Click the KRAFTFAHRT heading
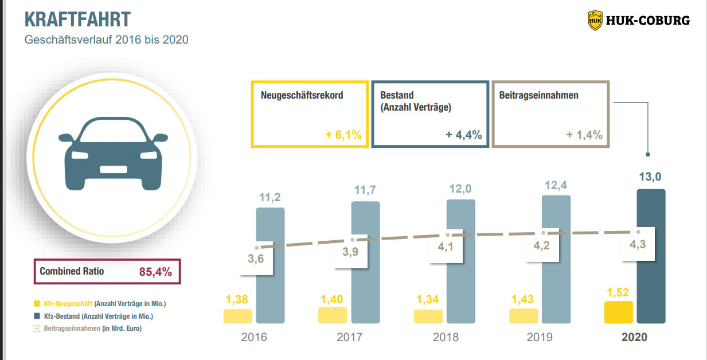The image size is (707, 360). tap(77, 19)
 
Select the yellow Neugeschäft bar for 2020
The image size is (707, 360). tap(618, 312)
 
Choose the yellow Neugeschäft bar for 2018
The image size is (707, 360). tap(428, 316)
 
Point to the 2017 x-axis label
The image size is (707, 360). tap(349, 337)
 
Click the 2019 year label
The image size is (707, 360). tap(540, 337)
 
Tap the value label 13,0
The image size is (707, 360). tap(651, 177)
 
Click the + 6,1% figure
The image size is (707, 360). tap(343, 135)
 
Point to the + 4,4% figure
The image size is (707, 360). tap(463, 135)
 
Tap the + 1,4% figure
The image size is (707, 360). tap(584, 135)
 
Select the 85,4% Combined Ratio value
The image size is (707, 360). tap(155, 272)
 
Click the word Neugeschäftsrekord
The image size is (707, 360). tap(302, 95)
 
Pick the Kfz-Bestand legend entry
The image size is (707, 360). tap(98, 316)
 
